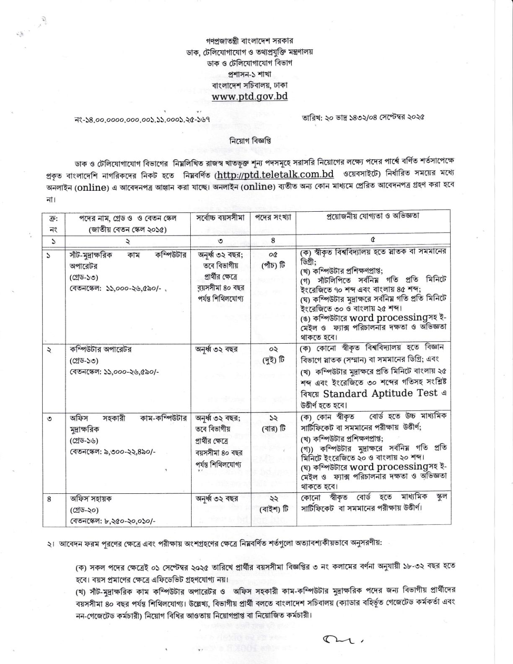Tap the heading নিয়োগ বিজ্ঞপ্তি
pos(250,141)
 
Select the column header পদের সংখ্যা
pos(273,218)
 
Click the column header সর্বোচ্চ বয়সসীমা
pos(220,218)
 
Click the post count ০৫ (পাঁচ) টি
pos(273,259)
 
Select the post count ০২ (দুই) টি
pos(273,354)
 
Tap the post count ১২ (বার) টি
pos(273,423)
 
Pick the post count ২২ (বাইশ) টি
pos(273,504)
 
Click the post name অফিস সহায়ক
pos(91,499)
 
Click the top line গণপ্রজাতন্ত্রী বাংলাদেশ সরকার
pos(250,41)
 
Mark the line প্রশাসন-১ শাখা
pos(250,74)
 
